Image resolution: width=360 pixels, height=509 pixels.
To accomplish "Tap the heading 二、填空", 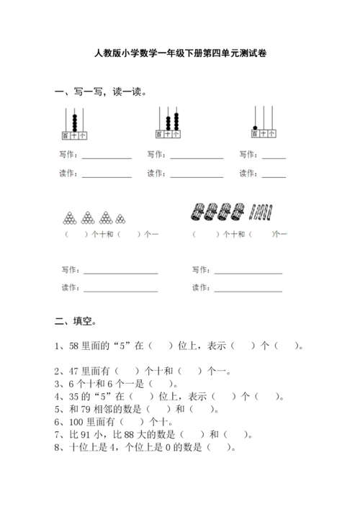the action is tap(76, 321).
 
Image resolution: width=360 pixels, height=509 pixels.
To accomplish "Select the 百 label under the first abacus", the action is tap(66, 135).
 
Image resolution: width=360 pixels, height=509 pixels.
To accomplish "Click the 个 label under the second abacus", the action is tap(177, 135).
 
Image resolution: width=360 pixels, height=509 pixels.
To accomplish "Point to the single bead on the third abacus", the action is tap(255, 127).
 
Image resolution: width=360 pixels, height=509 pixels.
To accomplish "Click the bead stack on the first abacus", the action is tap(74, 121).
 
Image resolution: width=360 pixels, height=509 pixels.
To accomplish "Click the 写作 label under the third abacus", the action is tap(248, 155).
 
